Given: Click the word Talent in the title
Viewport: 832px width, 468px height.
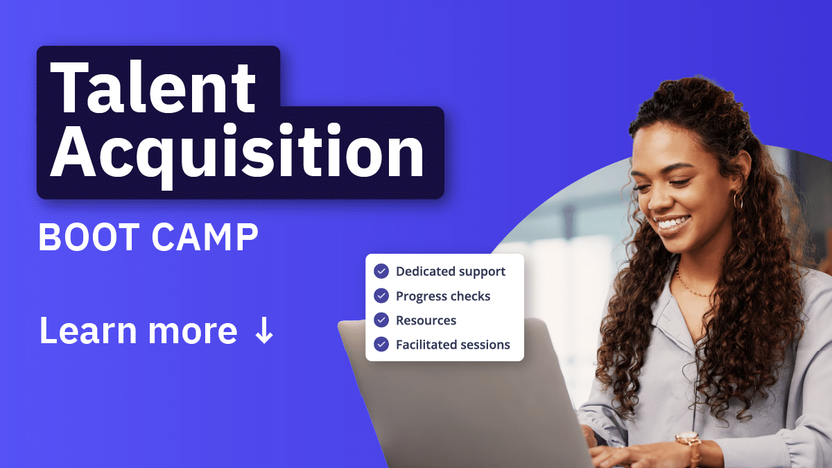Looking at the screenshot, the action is [153, 87].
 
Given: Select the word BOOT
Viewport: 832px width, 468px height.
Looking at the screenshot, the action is [89, 237].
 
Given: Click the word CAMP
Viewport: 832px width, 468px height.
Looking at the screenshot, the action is [205, 237].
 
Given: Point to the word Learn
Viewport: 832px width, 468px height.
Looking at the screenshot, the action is [88, 330].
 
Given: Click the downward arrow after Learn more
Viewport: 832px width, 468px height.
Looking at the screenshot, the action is [264, 330].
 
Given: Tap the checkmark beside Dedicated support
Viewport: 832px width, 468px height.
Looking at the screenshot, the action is [381, 271].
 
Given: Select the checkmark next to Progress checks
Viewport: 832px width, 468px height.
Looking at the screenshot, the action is [381, 295].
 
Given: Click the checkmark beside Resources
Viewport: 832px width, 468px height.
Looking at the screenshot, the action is [381, 320].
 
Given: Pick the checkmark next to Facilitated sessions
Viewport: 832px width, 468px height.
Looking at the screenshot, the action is [381, 345].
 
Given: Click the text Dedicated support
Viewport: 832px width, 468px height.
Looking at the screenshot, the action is [451, 272].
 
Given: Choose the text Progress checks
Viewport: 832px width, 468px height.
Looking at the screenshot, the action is [443, 297].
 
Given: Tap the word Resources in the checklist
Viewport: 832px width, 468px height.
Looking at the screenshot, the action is [426, 320].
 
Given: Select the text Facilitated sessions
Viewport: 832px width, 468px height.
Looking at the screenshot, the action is [453, 345].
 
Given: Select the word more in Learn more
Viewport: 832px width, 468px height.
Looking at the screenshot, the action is [193, 331].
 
